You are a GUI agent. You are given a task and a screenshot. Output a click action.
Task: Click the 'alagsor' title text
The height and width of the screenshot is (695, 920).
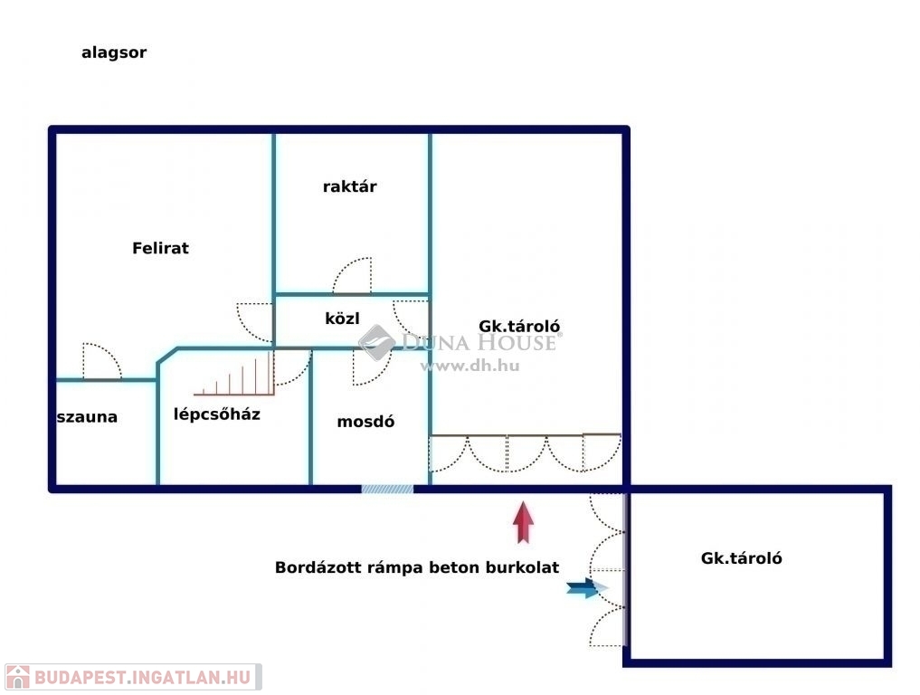[114, 52]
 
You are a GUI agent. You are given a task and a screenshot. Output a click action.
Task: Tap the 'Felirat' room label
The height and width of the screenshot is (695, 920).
[160, 248]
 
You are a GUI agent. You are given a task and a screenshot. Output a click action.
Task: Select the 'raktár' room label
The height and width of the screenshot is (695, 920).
[350, 186]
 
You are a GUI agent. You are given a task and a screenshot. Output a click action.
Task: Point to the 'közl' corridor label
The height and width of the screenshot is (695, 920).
[342, 319]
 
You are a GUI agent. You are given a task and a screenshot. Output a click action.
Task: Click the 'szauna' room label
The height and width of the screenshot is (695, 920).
[87, 417]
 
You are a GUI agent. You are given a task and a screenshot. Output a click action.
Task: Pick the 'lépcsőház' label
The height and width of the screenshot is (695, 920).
[216, 414]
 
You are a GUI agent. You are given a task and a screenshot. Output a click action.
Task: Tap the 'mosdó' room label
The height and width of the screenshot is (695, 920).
[365, 422]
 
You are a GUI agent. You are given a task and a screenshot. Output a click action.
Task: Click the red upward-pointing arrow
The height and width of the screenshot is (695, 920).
[524, 522]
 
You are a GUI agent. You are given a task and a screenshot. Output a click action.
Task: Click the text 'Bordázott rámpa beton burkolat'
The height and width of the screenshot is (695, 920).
[417, 567]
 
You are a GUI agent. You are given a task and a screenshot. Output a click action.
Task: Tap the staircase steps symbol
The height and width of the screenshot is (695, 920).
[234, 374]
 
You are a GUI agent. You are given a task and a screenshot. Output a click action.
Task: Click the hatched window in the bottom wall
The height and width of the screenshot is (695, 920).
[387, 489]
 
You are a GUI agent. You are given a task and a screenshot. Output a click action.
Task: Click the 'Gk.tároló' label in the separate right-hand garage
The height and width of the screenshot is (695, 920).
[741, 558]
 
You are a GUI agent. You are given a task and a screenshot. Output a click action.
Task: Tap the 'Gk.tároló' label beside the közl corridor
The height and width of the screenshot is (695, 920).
[519, 327]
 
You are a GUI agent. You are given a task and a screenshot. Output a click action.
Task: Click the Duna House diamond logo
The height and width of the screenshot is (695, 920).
[376, 342]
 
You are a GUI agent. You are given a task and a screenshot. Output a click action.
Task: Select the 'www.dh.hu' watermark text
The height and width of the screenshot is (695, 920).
[470, 366]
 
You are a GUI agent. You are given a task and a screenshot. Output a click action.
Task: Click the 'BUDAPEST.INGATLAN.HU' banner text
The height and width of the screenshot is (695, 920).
[143, 678]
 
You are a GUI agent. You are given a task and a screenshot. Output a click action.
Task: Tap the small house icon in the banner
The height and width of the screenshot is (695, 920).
[17, 678]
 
